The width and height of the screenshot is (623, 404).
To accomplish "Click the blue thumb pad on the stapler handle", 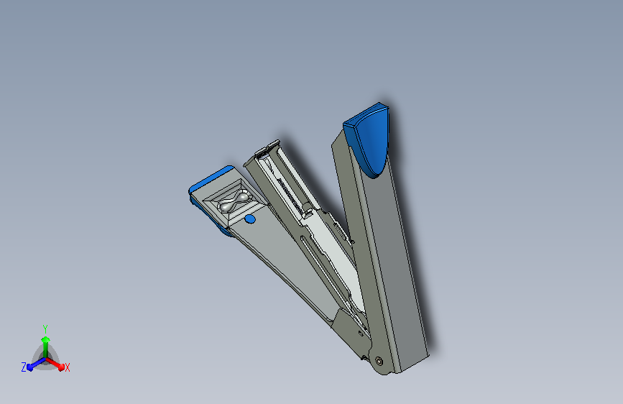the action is click(x=367, y=139).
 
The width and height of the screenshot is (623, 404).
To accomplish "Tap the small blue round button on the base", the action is click(x=250, y=219).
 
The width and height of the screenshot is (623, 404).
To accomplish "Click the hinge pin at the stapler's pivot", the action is click(x=379, y=361).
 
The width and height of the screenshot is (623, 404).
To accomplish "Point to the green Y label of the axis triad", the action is click(x=45, y=329).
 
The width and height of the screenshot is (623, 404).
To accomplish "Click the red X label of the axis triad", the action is click(x=67, y=368).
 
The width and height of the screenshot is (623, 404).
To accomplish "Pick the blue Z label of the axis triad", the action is click(x=24, y=367).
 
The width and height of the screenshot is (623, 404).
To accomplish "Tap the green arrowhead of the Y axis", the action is click(x=46, y=339).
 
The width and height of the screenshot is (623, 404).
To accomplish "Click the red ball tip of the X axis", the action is click(x=61, y=367).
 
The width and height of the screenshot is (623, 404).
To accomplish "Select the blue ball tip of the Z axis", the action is click(x=29, y=367).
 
